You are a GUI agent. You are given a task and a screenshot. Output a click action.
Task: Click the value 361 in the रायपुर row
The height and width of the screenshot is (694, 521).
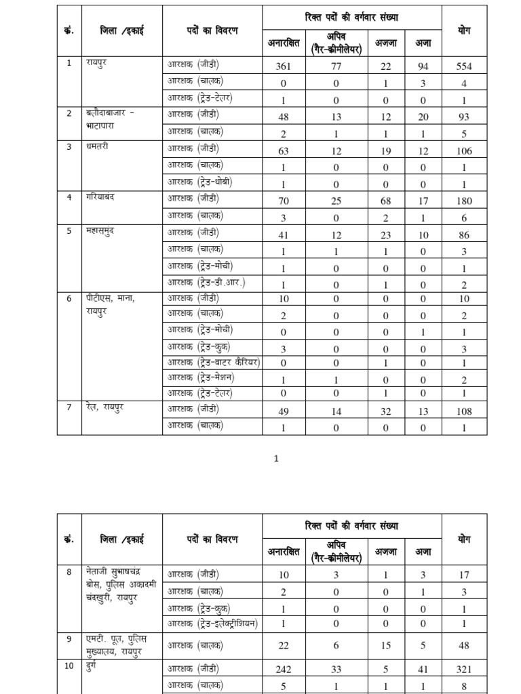click(x=284, y=66)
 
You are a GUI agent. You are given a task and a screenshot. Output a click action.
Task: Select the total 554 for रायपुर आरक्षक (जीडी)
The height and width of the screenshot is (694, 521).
click(x=464, y=66)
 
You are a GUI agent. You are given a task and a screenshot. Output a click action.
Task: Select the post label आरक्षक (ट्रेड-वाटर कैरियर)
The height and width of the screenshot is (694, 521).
click(x=213, y=362)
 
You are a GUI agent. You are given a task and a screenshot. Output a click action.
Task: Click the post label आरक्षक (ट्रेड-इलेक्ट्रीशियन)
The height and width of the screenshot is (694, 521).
click(x=212, y=624)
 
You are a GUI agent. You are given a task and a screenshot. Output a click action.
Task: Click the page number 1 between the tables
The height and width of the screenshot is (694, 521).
click(x=276, y=459)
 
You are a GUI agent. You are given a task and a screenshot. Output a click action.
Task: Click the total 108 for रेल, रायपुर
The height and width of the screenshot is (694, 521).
click(x=464, y=411)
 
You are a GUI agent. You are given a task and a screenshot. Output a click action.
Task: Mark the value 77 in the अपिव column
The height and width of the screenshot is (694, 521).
click(x=336, y=66)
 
